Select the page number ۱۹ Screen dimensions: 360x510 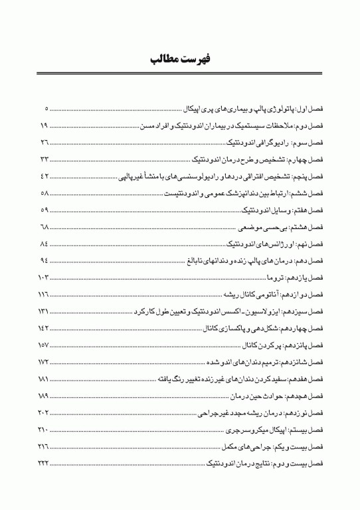click(45, 126)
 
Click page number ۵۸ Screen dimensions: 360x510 click(45, 193)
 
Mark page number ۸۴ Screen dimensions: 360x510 click(45, 244)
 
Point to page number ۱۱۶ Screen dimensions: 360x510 click(45, 294)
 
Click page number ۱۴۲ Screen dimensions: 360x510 click(45, 328)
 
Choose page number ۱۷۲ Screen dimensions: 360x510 click(45, 362)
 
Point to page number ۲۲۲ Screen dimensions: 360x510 click(45, 463)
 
